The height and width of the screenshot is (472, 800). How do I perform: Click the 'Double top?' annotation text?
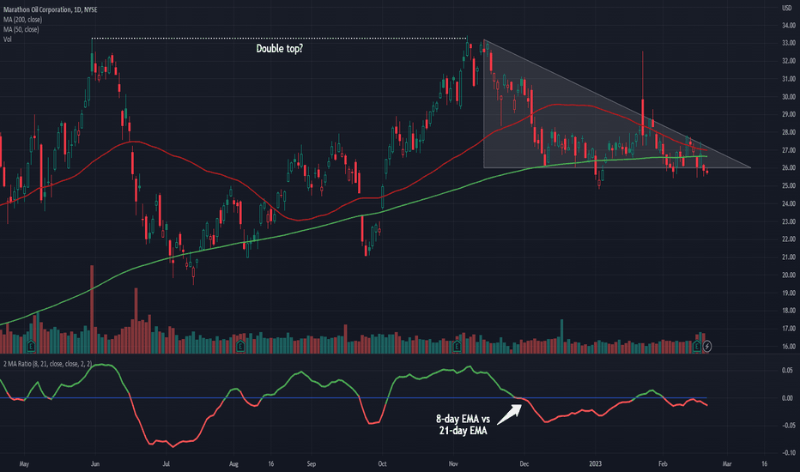280,48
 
